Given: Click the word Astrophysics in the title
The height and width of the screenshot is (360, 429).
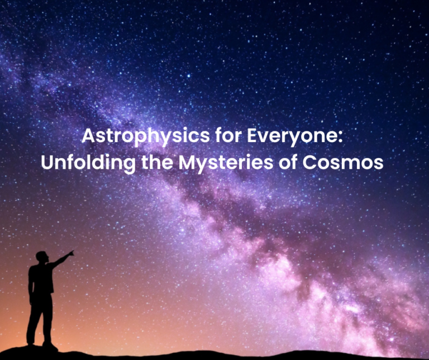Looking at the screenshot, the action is coord(146,136).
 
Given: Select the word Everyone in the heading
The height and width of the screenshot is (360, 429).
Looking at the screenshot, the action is coord(292,136).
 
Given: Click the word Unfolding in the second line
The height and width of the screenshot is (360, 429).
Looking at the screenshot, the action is coord(88,162).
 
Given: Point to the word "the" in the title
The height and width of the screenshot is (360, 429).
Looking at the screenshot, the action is coord(158,162).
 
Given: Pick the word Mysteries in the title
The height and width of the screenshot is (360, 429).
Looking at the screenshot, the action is coord(226,163).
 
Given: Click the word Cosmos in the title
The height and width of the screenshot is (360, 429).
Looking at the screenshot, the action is coord(343,163).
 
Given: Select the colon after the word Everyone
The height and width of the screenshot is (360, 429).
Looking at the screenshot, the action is coord(340,138).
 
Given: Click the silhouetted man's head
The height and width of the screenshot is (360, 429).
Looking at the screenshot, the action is coord(42,257).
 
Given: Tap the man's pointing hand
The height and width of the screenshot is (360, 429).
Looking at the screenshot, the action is coord(71,253).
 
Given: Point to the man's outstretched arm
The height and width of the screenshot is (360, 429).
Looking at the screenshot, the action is coord(61,259).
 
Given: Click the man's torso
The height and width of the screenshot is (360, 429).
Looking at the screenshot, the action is coord(41,279).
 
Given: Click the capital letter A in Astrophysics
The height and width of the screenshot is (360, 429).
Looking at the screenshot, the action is coord(88,135).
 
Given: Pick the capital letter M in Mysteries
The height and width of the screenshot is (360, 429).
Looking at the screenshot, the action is coord(188,163).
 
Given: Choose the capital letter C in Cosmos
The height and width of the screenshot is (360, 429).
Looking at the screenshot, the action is coord(309,163).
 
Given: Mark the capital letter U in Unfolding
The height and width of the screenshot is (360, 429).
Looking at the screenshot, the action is coord(47,163).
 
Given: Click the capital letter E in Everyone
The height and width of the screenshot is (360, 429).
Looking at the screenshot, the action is coord(252,135).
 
